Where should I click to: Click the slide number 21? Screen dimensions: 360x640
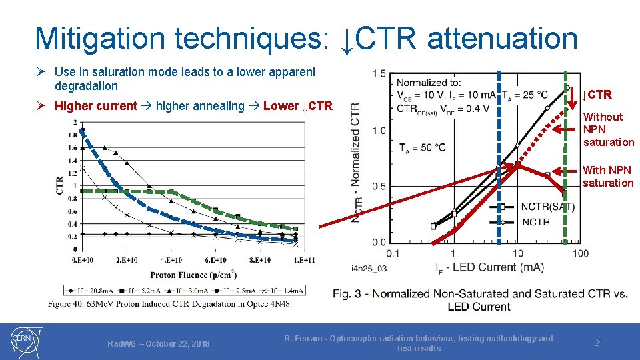click(599, 343)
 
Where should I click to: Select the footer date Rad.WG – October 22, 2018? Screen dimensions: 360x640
click(159, 344)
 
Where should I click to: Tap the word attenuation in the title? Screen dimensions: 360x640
click(501, 38)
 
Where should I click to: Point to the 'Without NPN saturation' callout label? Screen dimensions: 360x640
click(608, 129)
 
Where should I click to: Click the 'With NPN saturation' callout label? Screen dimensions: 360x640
click(607, 177)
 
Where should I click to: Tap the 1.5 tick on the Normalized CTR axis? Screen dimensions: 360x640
click(379, 73)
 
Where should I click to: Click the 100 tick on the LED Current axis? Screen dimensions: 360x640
click(580, 253)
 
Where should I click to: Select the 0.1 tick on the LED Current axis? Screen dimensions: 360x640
click(393, 253)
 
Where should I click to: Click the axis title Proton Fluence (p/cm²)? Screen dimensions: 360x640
click(193, 275)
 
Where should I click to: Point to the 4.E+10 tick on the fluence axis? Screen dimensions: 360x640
click(171, 260)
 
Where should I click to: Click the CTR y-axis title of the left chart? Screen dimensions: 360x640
click(61, 185)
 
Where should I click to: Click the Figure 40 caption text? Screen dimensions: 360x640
click(169, 304)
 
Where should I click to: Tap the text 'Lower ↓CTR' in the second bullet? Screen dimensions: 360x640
click(297, 106)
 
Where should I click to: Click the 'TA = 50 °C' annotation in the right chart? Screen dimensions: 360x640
click(422, 147)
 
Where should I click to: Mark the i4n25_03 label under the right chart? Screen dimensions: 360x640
click(369, 268)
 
